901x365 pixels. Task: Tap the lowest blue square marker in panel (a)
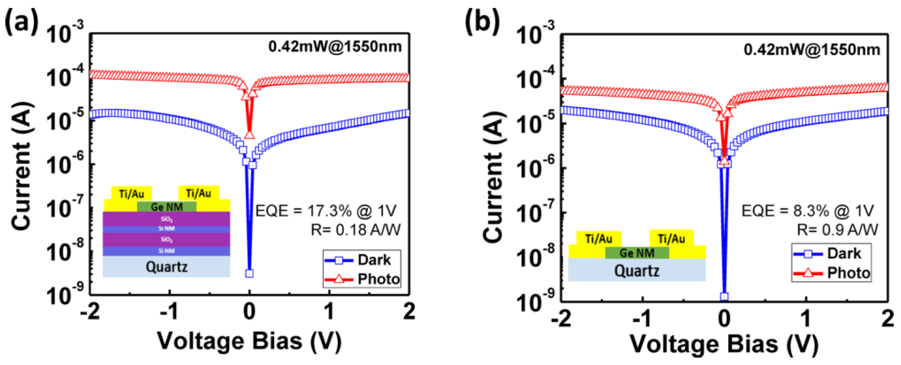tap(249, 273)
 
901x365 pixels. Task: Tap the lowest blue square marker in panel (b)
tap(724, 296)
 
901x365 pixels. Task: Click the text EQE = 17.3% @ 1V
tap(326, 211)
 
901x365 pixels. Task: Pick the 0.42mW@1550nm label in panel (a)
tap(335, 47)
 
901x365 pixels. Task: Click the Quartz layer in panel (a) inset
tap(167, 267)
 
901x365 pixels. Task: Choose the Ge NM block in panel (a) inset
tap(167, 207)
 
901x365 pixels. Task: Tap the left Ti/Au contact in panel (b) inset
tap(599, 239)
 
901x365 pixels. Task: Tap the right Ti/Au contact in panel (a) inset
tap(198, 193)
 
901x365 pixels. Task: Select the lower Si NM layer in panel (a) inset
tap(167, 251)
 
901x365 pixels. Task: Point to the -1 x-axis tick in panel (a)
tap(170, 311)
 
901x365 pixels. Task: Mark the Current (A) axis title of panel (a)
tap(22, 166)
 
